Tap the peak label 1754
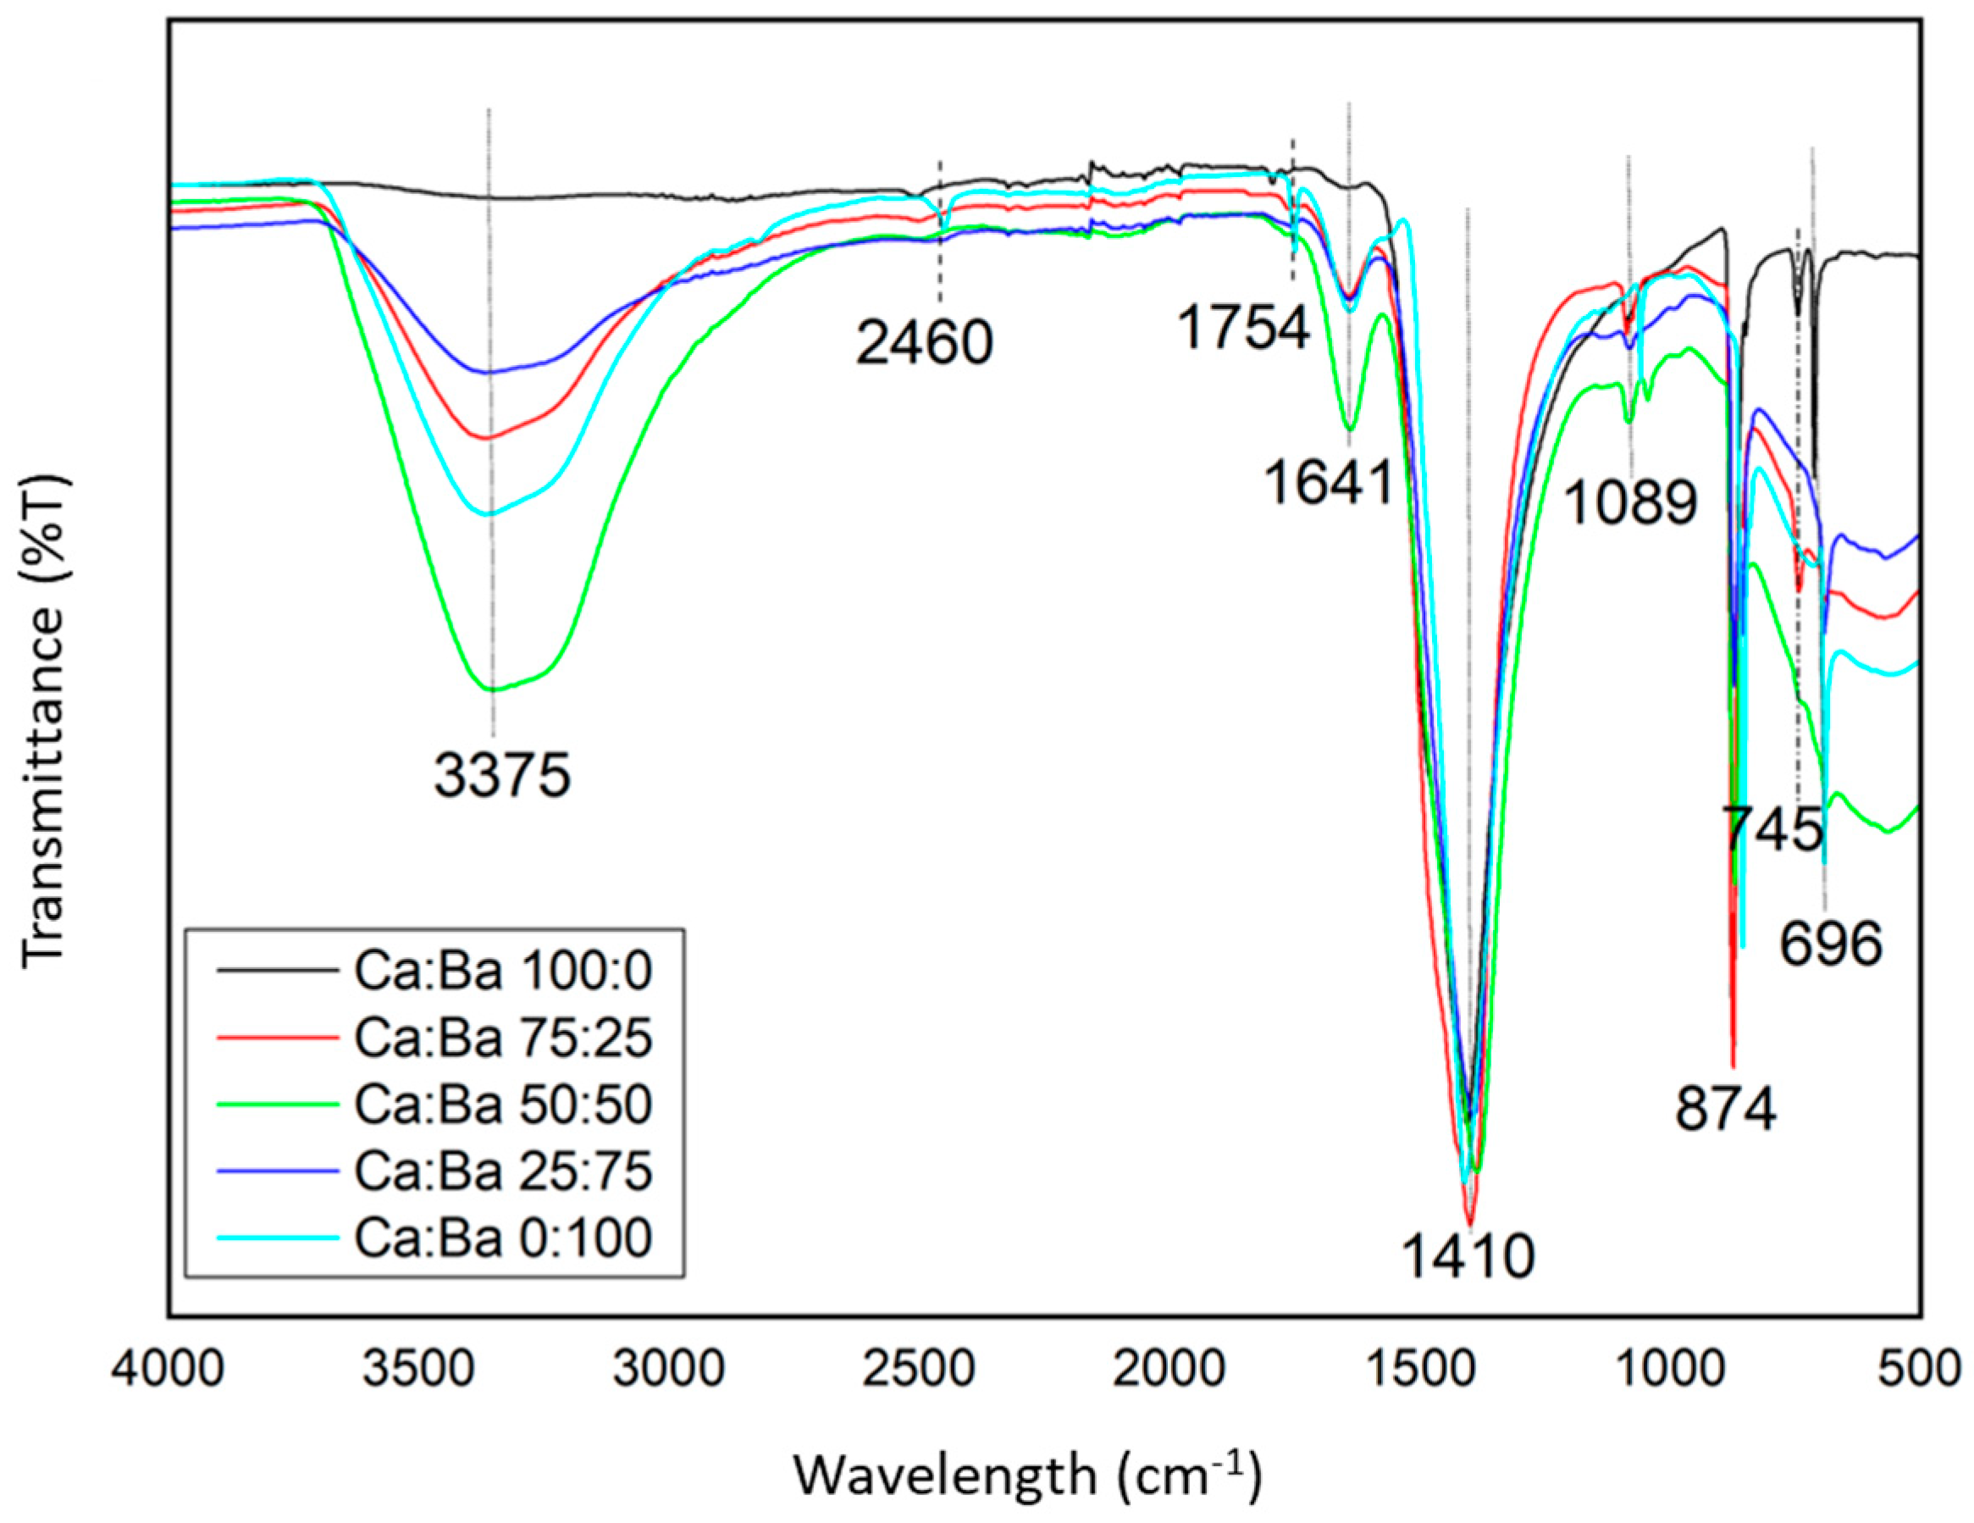[1244, 327]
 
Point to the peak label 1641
[1328, 482]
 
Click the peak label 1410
[1468, 1255]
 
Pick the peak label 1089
[1630, 502]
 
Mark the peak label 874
[1725, 1109]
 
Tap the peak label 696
[1831, 944]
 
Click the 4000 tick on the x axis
[169, 1370]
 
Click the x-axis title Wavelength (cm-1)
[1028, 1475]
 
